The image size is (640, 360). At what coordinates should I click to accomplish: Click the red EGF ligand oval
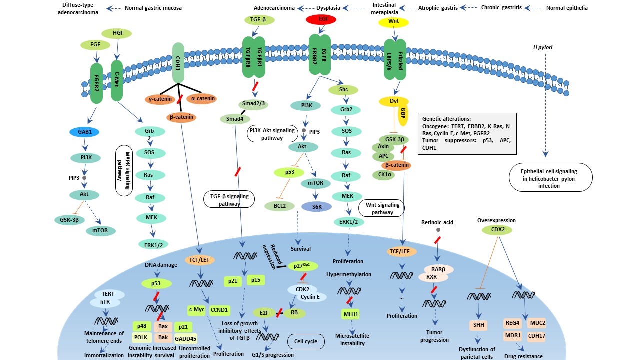pyautogui.click(x=319, y=20)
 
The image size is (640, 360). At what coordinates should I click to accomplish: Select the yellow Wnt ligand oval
pyautogui.click(x=396, y=22)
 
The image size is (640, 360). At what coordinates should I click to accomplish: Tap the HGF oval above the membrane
pyautogui.click(x=116, y=33)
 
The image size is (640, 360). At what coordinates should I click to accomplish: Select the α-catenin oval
pyautogui.click(x=203, y=99)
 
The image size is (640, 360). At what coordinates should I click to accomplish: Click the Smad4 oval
pyautogui.click(x=234, y=119)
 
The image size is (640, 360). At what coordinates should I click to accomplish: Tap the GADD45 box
pyautogui.click(x=185, y=338)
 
